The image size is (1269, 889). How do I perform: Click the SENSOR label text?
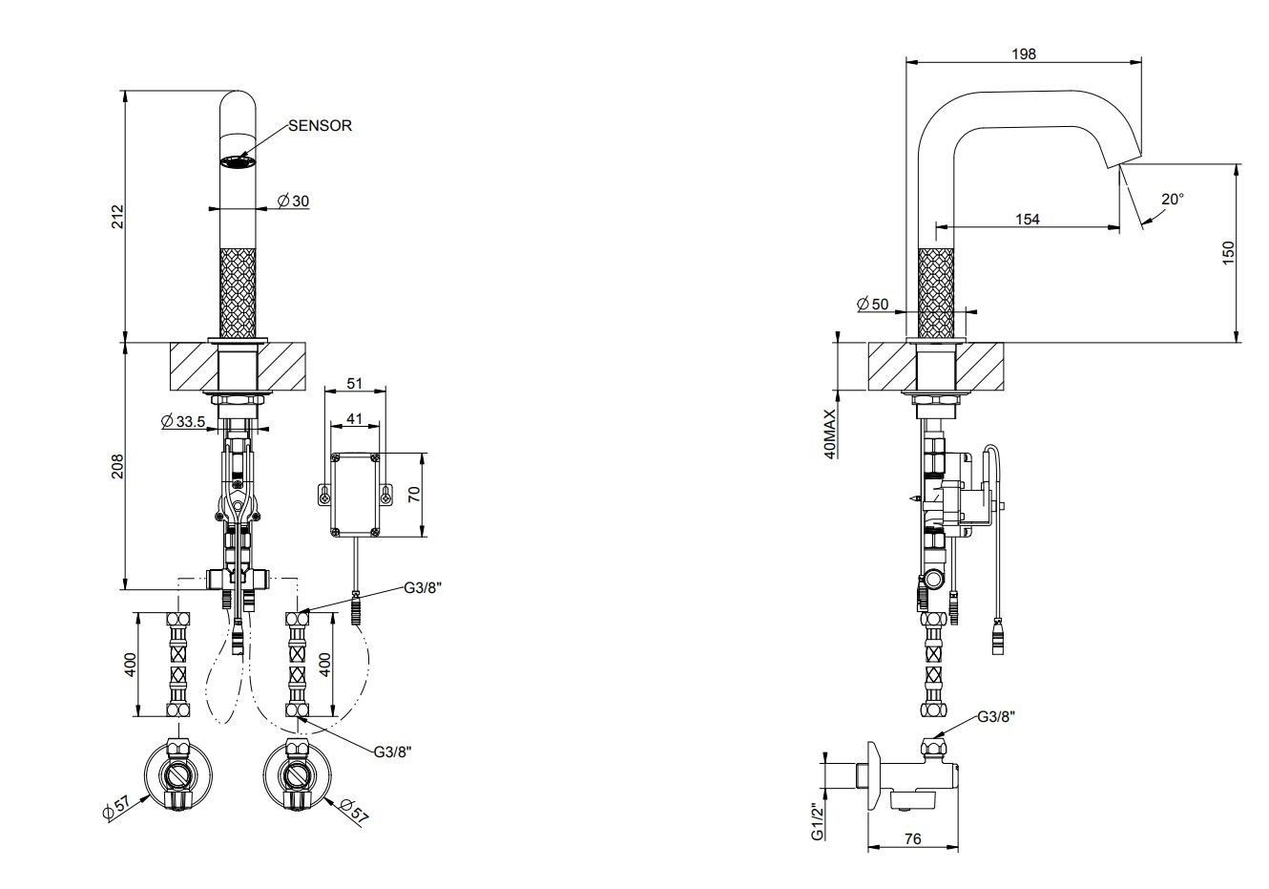pos(321,125)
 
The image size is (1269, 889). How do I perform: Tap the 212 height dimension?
pos(118,216)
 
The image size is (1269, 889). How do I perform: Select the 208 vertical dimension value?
pos(118,466)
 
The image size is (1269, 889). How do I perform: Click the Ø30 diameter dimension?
pos(293,201)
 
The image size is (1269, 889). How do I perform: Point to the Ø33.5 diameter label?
pos(183,421)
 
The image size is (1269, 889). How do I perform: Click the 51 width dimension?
pos(354,383)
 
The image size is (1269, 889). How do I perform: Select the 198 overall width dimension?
pos(1023,54)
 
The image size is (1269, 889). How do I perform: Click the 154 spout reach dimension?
pos(1027,220)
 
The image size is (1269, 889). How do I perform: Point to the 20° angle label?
pos(1173,199)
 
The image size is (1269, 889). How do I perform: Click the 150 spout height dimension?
pos(1229,252)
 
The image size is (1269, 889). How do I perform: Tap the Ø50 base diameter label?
pos(872,304)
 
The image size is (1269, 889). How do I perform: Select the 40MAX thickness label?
pos(829,434)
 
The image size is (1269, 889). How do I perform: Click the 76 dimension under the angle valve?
pos(912,839)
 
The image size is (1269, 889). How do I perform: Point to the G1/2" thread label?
pos(818,821)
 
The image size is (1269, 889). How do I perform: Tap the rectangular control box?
pos(355,494)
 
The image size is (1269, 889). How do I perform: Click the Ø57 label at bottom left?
pos(116,807)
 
